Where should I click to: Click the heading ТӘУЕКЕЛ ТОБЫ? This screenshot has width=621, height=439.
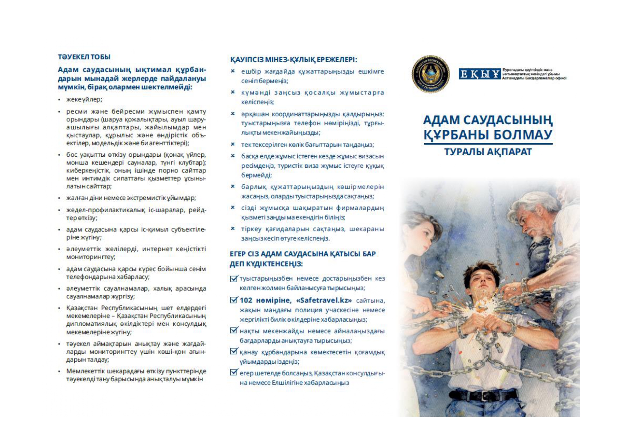coord(84,57)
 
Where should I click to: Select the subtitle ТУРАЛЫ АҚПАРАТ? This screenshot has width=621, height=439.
coord(488,152)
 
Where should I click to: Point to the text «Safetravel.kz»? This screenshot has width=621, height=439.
coord(324,300)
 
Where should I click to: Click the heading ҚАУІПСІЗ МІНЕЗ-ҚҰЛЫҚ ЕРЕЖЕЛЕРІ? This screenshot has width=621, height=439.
coord(293,59)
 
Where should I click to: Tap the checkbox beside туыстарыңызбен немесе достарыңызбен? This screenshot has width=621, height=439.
coord(234,279)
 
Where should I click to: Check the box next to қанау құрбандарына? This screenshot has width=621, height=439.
coord(234,352)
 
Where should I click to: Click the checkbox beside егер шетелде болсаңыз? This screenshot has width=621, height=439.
coord(234,373)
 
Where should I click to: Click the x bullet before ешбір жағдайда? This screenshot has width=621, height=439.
coord(233,71)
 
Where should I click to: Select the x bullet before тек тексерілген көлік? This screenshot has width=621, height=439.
coord(233,144)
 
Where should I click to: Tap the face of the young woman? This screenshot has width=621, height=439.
coord(425,230)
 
